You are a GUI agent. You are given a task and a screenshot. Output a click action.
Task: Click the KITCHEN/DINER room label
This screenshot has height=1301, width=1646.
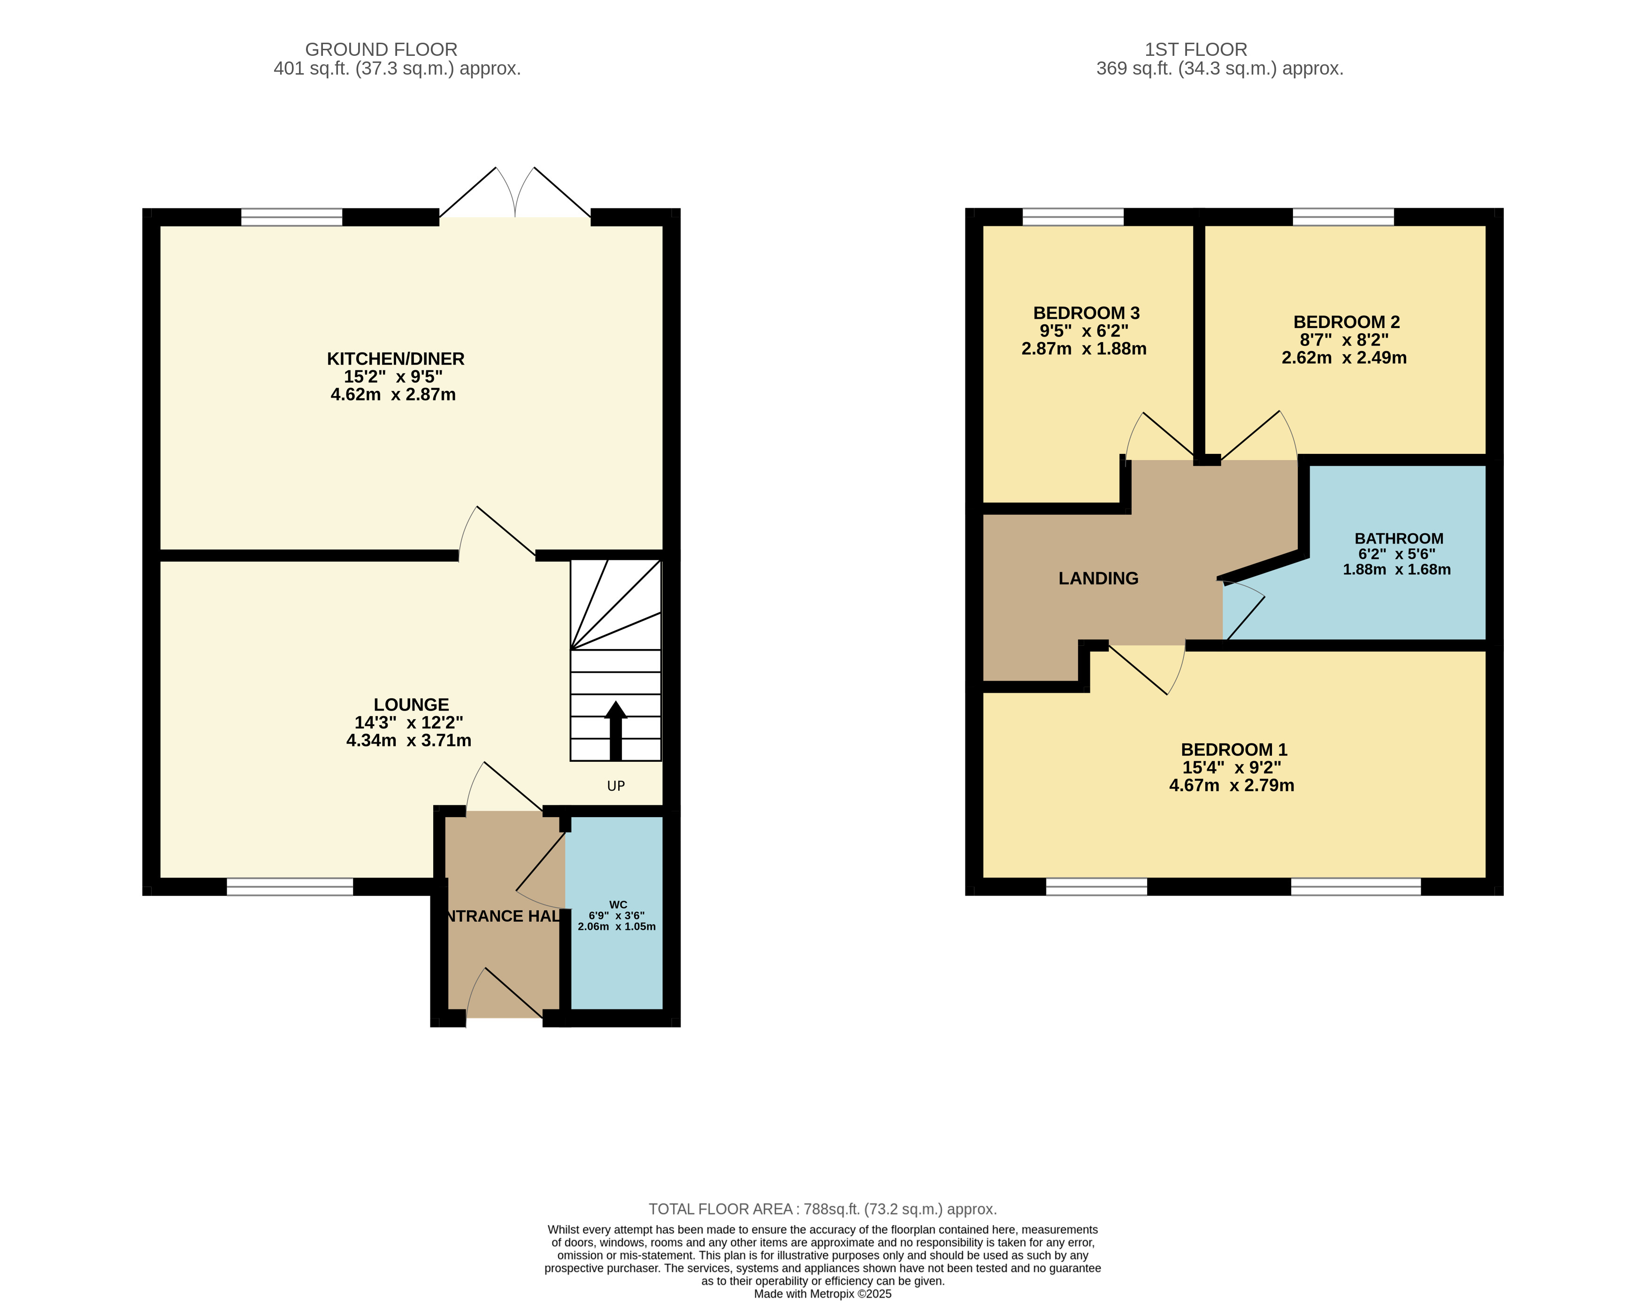[x=395, y=359]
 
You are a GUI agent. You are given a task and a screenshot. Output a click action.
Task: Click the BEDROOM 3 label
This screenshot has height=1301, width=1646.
[x=1086, y=313]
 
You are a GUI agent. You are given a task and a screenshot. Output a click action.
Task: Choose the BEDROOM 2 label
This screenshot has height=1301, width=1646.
[x=1347, y=322]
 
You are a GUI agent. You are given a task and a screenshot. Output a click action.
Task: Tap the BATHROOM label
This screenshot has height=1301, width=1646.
[x=1399, y=538]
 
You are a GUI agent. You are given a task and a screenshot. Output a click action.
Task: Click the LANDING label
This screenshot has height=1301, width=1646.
[x=1098, y=579]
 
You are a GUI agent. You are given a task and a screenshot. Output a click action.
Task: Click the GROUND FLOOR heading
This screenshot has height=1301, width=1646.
[x=381, y=49]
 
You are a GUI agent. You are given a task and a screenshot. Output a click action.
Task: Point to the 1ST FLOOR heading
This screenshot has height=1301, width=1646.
[x=1196, y=49]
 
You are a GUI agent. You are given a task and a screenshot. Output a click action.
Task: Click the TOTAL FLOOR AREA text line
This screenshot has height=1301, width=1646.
[x=823, y=1209]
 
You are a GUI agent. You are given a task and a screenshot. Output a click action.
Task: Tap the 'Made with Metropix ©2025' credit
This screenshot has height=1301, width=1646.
[x=823, y=1293]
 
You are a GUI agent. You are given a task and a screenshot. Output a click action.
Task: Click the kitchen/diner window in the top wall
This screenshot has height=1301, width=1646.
[x=292, y=217]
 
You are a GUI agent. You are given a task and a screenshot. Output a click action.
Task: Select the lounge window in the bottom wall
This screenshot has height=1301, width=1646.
[x=290, y=887]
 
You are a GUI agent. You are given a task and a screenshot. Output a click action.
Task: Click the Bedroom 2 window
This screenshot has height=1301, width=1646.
[x=1344, y=217]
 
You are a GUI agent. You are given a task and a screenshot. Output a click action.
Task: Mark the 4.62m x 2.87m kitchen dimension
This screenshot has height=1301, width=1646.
[x=393, y=395]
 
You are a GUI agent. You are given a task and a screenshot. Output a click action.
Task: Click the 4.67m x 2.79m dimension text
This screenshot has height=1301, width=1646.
[x=1232, y=785]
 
